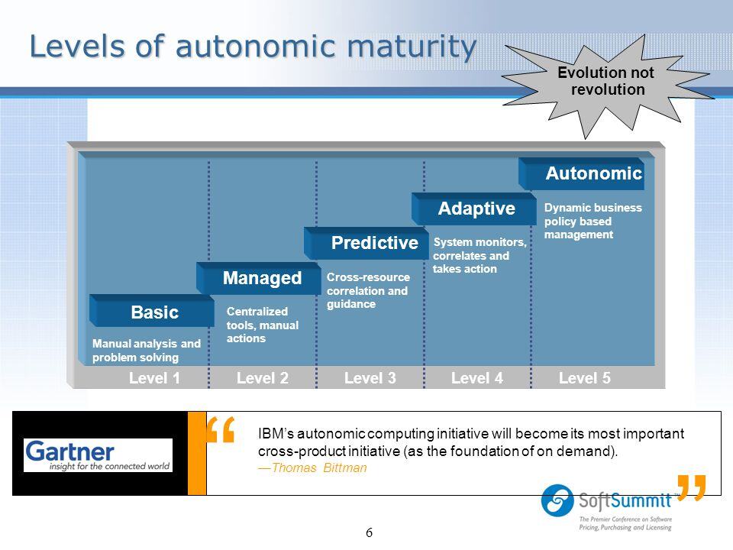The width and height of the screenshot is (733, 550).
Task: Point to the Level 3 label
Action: [x=369, y=377]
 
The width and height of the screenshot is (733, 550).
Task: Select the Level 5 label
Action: [x=584, y=377]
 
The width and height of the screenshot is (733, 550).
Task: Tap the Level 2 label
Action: [x=261, y=377]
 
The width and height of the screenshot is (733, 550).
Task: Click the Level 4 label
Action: [x=476, y=377]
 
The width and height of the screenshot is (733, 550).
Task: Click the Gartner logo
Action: [x=98, y=455]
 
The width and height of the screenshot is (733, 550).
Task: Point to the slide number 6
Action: [x=369, y=532]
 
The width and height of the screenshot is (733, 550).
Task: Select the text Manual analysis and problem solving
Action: [x=146, y=351]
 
